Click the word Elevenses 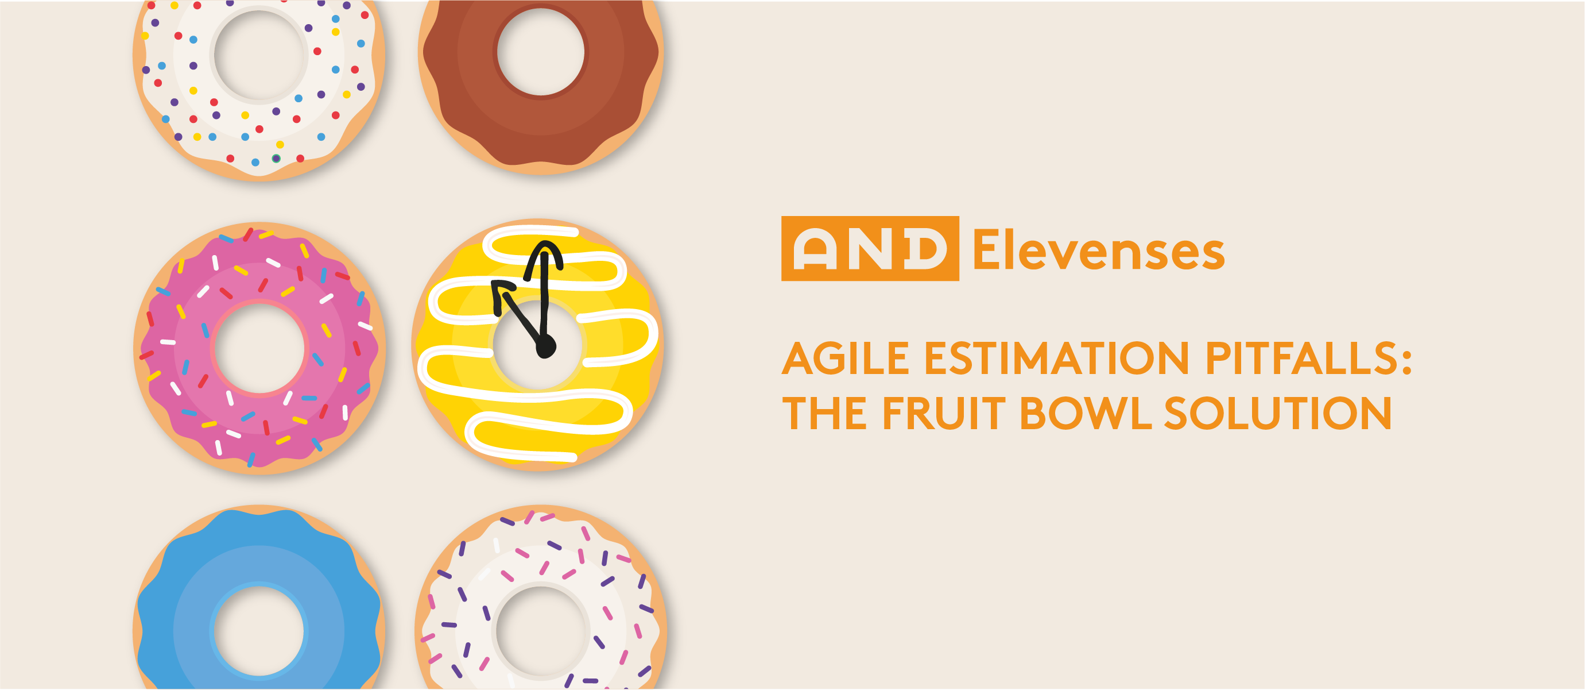1098,250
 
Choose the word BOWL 1086,413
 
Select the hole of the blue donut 259,631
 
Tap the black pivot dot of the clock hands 545,346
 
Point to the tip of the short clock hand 497,286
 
